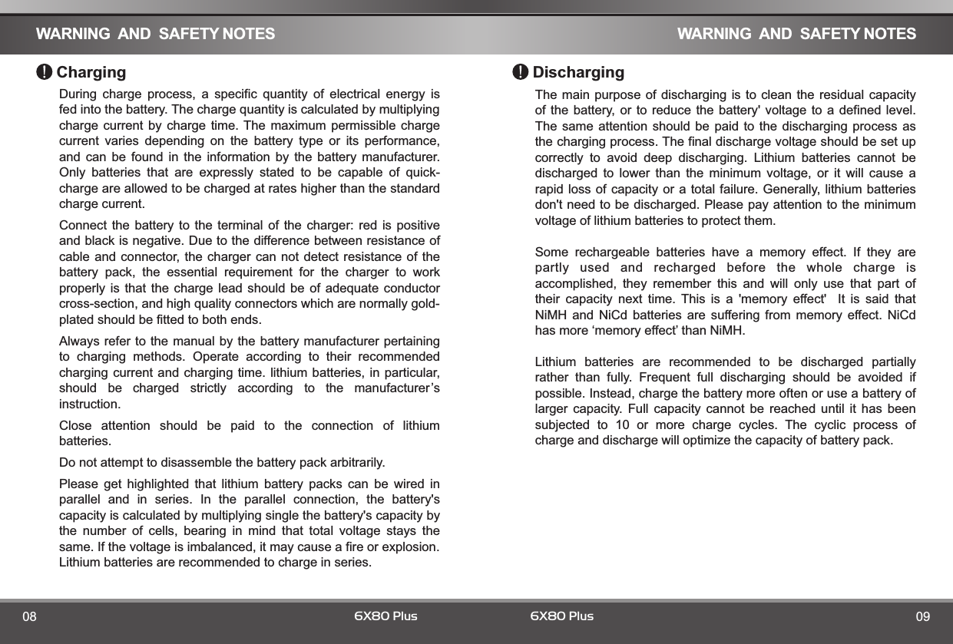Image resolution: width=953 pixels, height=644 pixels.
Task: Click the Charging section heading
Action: pyautogui.click(x=91, y=73)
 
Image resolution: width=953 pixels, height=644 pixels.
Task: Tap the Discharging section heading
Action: pyautogui.click(x=578, y=73)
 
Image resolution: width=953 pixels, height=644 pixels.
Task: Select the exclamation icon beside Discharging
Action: pyautogui.click(x=521, y=72)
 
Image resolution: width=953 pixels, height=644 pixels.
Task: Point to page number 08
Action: pyautogui.click(x=30, y=617)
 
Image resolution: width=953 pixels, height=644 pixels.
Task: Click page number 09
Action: pyautogui.click(x=922, y=617)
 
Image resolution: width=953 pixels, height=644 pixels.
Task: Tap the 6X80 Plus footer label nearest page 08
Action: pyautogui.click(x=386, y=616)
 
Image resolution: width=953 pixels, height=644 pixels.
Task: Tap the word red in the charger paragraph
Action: pyautogui.click(x=364, y=226)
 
